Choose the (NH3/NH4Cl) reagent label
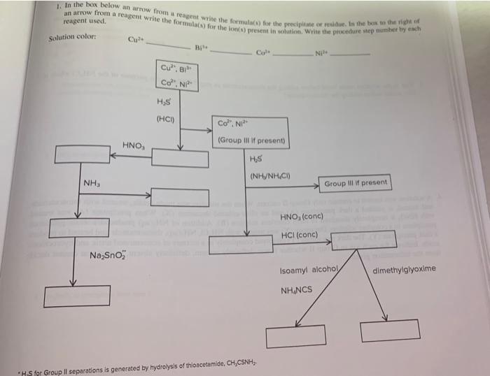pyautogui.click(x=270, y=175)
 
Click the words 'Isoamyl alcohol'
pyautogui.click(x=309, y=270)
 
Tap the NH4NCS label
pyautogui.click(x=297, y=290)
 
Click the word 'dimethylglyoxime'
pyautogui.click(x=404, y=270)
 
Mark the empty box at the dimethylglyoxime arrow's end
pyautogui.click(x=390, y=329)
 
